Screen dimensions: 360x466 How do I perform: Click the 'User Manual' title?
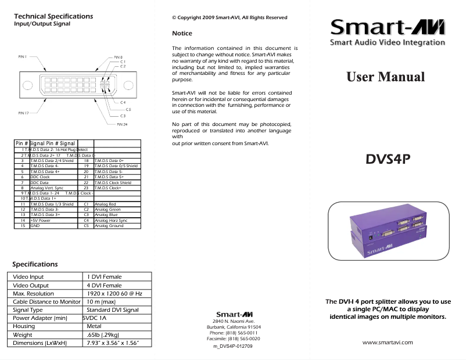tap(385, 77)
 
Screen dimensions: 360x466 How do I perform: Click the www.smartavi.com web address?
tap(388, 342)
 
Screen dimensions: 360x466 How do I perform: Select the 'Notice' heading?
tap(182, 34)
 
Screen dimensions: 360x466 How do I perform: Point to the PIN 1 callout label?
tap(22, 57)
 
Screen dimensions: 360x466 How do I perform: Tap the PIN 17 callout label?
tap(23, 113)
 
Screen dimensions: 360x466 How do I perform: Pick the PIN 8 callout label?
tap(118, 57)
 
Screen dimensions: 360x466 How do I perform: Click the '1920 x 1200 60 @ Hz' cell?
tap(114, 293)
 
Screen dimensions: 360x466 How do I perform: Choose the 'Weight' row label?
tap(23, 335)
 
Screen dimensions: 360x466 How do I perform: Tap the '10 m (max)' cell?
tap(101, 302)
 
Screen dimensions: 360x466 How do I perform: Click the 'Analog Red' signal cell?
tap(105, 204)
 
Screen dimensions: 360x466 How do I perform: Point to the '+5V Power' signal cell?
tap(40, 221)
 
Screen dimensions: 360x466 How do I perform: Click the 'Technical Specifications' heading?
tap(53, 16)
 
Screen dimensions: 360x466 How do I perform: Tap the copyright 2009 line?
tap(230, 17)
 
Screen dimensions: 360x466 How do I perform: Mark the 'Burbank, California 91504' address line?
tap(234, 327)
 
